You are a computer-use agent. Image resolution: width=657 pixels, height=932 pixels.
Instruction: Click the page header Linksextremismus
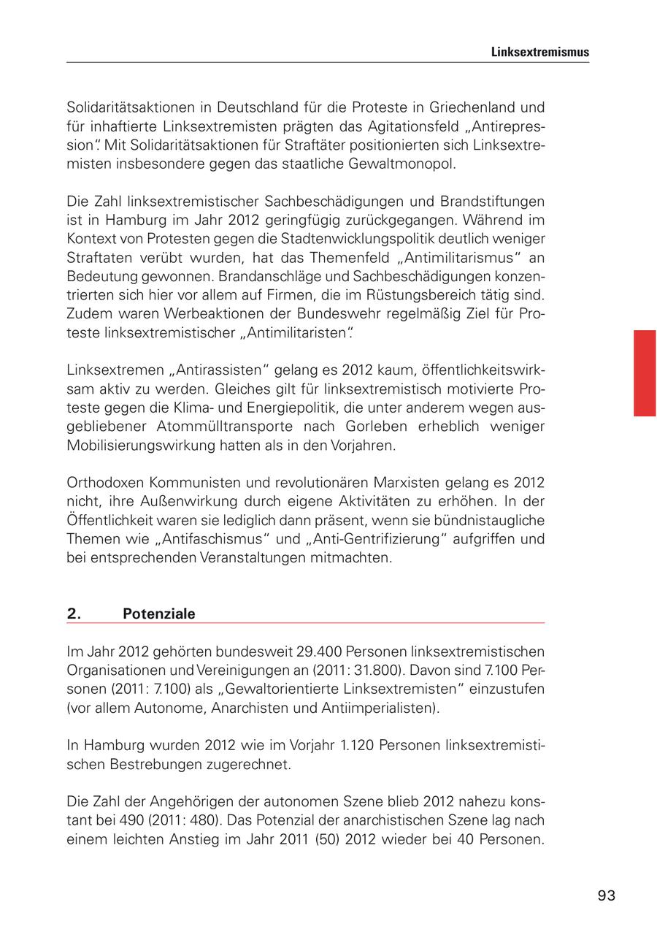click(539, 53)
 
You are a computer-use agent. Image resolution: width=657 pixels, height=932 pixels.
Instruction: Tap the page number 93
click(606, 895)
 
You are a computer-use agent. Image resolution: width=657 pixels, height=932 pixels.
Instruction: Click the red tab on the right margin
click(645, 373)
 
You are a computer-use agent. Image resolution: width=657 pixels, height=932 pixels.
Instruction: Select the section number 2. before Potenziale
click(74, 614)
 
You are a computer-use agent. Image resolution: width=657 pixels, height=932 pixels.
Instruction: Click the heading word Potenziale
click(159, 614)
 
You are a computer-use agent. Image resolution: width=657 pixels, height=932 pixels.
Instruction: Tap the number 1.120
click(339, 746)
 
